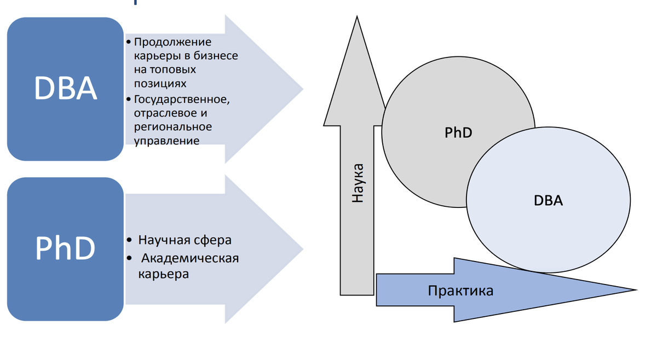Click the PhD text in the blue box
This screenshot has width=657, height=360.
66,248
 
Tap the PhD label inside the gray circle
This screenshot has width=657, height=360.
458,133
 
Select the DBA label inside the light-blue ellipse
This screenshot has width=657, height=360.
548,200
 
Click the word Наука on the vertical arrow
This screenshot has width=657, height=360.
358,183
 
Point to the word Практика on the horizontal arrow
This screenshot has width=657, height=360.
460,291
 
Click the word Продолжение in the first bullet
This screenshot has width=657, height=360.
172,42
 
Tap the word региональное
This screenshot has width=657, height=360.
172,127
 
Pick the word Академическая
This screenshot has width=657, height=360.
191,258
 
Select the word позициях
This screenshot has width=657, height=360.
160,84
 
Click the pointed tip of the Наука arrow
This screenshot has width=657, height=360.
357,18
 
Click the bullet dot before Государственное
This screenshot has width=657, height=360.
128,100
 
